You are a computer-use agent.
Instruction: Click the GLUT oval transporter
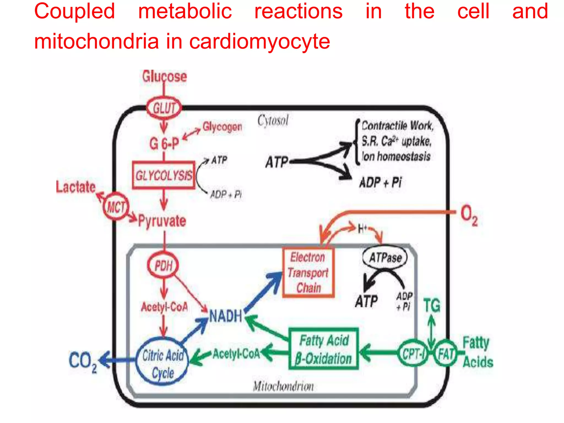point(164,108)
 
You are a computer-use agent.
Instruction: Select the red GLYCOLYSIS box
point(164,175)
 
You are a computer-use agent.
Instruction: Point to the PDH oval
point(163,265)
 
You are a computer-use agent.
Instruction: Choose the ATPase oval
point(385,257)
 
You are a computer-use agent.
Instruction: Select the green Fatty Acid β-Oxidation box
point(324,349)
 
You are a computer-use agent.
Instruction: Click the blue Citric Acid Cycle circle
point(162,361)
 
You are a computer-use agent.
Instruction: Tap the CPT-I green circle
point(413,353)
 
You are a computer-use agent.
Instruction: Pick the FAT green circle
point(446,353)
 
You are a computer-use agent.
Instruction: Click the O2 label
point(469,215)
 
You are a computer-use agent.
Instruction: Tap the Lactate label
point(76,187)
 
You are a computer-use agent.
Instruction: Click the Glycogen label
point(222,127)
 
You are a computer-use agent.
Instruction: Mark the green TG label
point(432,305)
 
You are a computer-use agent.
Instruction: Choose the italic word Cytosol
point(273,120)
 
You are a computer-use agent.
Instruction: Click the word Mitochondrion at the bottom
point(283,386)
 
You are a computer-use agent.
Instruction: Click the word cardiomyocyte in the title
point(260,42)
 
